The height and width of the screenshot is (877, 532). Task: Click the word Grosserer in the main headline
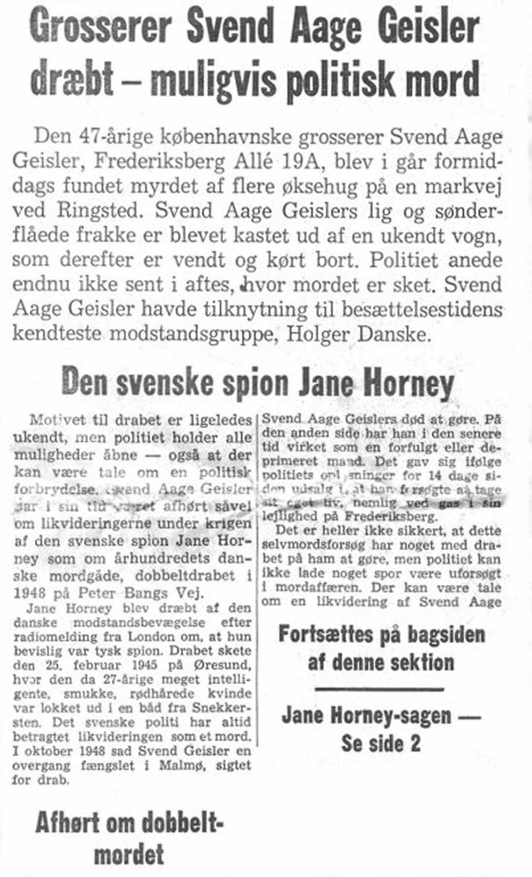[x=101, y=29]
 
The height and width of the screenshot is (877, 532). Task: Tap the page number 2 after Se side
[x=415, y=743]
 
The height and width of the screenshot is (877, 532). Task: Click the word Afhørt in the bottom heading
[x=67, y=824]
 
